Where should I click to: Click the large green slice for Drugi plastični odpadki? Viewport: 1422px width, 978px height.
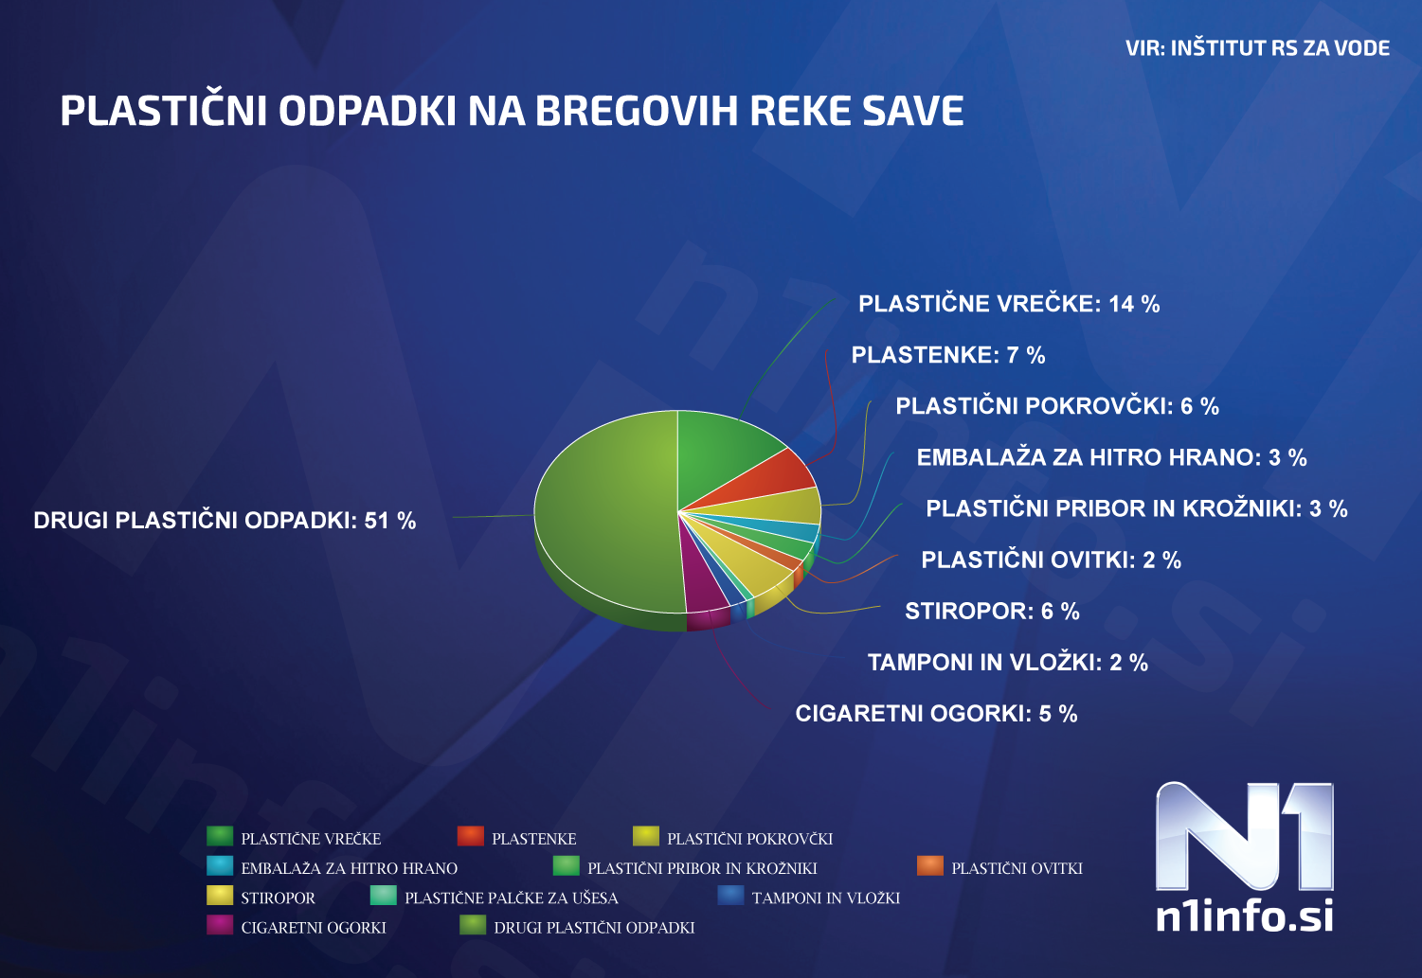point(606,511)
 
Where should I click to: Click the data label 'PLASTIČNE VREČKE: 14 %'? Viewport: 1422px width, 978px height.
point(1009,304)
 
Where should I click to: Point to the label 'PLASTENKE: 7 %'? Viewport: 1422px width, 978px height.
point(947,355)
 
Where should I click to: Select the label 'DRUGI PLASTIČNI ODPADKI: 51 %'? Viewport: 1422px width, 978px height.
point(225,521)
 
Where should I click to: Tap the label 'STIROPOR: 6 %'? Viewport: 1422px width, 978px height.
point(992,612)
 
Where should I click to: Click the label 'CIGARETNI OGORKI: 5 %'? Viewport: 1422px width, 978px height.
point(936,714)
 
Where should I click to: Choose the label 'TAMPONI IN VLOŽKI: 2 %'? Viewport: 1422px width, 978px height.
point(1007,663)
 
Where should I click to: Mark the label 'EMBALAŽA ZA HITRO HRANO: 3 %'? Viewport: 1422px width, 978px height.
point(1111,458)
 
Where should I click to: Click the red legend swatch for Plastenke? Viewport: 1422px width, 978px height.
point(470,836)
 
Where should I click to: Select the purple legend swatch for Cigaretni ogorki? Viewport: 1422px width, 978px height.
point(220,925)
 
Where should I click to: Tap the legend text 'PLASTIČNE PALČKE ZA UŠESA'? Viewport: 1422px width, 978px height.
point(511,898)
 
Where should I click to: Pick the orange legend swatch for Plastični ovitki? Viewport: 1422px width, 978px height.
point(929,865)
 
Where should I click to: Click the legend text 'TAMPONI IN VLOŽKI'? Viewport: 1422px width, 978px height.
point(825,898)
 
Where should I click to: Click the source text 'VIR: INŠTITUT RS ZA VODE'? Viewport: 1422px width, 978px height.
point(1257,48)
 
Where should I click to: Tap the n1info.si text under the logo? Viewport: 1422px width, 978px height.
point(1244,916)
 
